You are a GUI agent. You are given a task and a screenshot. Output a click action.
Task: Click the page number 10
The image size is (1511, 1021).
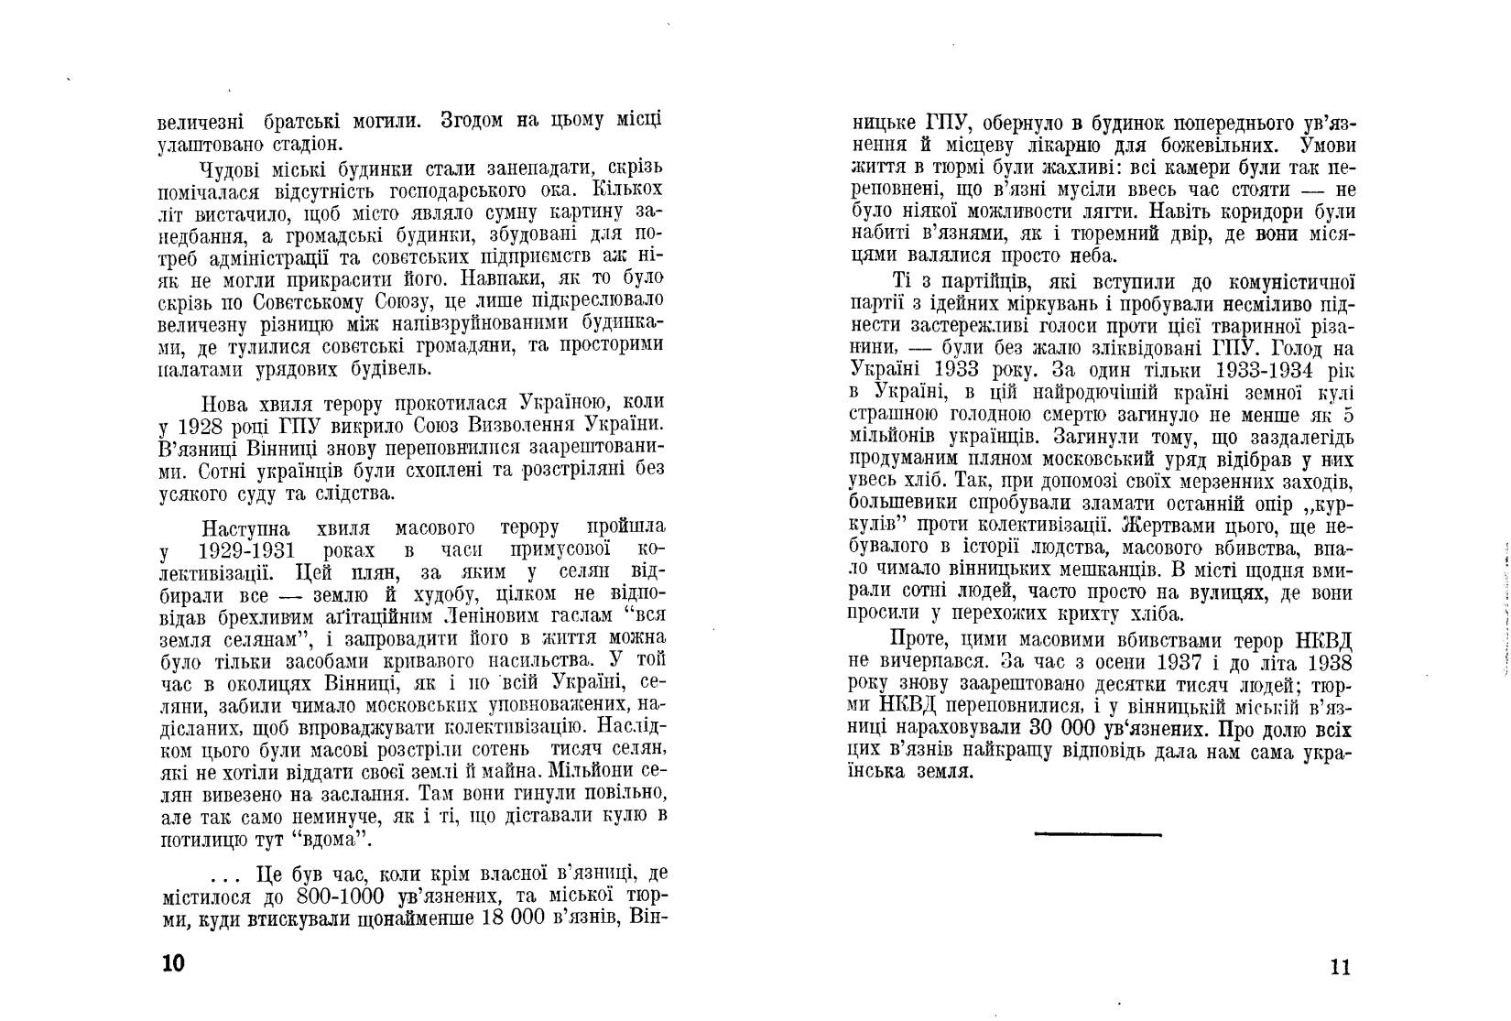pos(172,964)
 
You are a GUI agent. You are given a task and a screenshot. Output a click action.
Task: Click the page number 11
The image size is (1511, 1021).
pos(1339,968)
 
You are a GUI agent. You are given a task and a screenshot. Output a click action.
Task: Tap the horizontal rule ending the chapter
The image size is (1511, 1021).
pos(1097,834)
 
